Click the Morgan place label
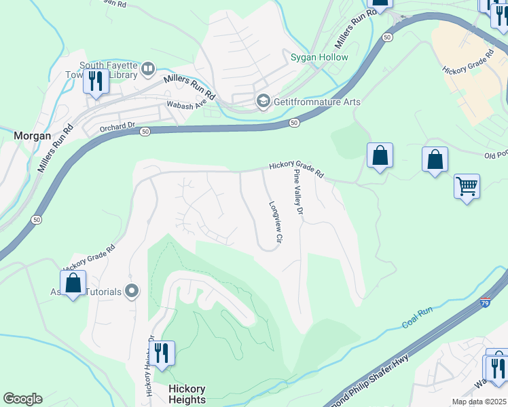(32, 136)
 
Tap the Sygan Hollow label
(320, 57)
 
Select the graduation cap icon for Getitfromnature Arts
(262, 102)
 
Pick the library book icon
(147, 69)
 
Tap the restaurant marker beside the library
(96, 83)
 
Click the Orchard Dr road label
(117, 126)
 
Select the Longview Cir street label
(275, 221)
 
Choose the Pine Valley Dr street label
(297, 193)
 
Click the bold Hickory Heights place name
(187, 394)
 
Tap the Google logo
(22, 399)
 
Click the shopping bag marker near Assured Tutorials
(73, 285)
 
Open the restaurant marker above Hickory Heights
(162, 354)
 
